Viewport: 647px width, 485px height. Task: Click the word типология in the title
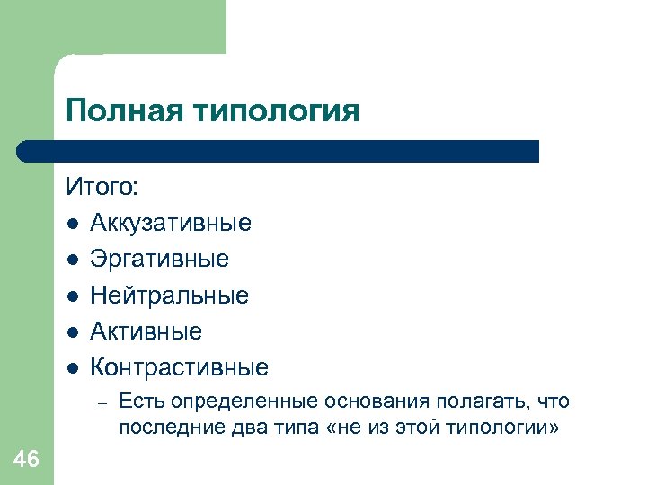(276, 111)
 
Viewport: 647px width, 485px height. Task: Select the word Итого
(101, 187)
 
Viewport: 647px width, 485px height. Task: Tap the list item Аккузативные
(171, 223)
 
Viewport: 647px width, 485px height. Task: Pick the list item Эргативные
(159, 259)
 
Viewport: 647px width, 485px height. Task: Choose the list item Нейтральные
(169, 295)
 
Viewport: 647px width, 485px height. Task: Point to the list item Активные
(146, 331)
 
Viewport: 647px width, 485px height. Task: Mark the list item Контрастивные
(179, 367)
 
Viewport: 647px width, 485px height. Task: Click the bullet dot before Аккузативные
(71, 224)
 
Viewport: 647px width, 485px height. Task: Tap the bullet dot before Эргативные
(71, 260)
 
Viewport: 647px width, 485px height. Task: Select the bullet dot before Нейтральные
(71, 295)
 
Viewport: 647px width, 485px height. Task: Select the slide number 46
(27, 460)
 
